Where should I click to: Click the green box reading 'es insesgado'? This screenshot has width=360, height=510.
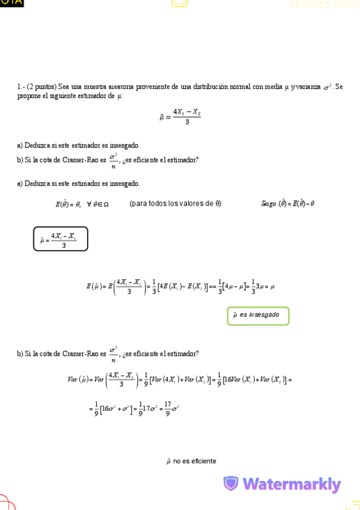(x=258, y=315)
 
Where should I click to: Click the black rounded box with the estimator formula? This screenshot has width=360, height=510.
(x=60, y=239)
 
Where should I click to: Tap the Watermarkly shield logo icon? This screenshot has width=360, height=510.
(x=231, y=484)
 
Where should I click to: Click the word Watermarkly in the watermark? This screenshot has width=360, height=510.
(x=291, y=484)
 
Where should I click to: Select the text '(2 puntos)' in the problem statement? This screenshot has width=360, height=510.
(x=41, y=87)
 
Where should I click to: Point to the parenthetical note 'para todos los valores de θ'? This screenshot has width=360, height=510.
(x=175, y=203)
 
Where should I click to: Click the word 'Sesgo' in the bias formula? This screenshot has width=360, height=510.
(x=268, y=203)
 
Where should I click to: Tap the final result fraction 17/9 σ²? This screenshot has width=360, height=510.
(x=171, y=410)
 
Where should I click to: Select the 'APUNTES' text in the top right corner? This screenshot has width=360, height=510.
(x=308, y=5)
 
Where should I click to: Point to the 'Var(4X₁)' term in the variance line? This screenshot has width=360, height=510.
(x=166, y=379)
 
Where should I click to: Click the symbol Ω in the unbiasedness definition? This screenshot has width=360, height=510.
(x=105, y=204)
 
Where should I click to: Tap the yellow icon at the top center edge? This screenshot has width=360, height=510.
(x=179, y=3)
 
